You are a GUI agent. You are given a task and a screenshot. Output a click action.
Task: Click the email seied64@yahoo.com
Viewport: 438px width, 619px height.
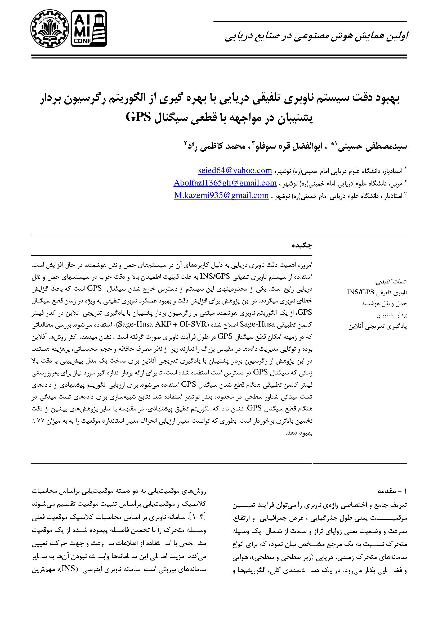point(235,170)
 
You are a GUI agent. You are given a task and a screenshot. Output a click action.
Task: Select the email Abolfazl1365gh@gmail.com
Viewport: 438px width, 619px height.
point(225,183)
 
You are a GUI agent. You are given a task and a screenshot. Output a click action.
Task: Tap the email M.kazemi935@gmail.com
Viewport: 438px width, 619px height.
point(221,195)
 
